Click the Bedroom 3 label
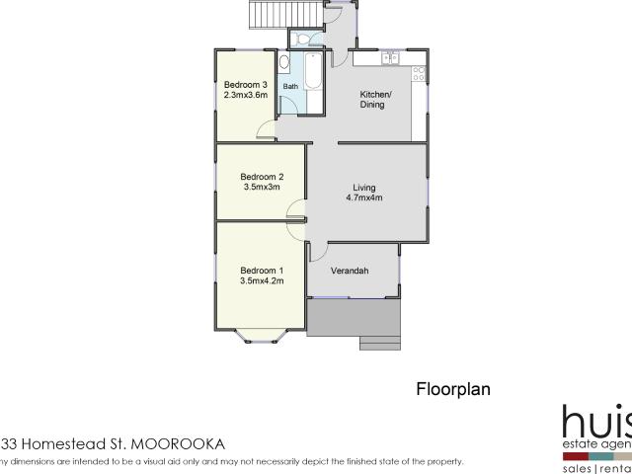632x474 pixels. (245, 84)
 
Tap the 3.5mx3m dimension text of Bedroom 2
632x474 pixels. (262, 187)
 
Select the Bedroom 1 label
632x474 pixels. (262, 270)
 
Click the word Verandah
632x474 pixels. (350, 270)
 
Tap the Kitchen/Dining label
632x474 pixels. (375, 99)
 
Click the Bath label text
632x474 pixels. (290, 87)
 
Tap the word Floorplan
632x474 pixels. (451, 389)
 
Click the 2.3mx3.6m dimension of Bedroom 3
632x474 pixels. (245, 95)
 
